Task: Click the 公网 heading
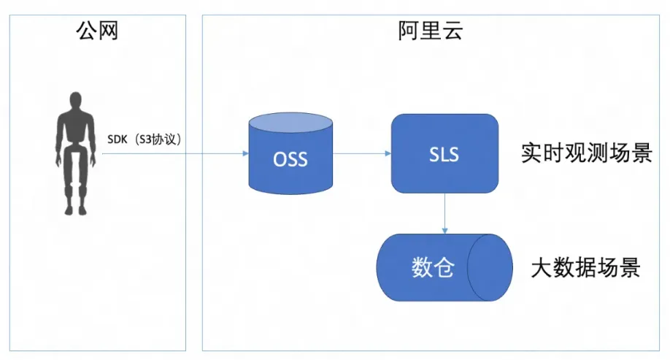(x=97, y=31)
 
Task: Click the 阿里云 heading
(x=431, y=31)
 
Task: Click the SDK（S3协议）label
(x=145, y=139)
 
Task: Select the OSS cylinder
(x=290, y=153)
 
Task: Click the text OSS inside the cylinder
(x=290, y=159)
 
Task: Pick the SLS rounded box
(x=444, y=153)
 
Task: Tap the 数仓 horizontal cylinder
(x=444, y=268)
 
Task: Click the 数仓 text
(x=432, y=268)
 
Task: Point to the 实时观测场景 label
(x=587, y=153)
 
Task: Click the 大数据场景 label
(x=585, y=268)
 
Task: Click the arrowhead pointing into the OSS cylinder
(x=246, y=153)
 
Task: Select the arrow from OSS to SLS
(x=362, y=153)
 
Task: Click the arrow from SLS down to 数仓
(x=444, y=213)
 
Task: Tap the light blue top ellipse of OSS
(x=290, y=123)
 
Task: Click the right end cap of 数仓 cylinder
(x=490, y=268)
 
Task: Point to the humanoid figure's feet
(x=76, y=210)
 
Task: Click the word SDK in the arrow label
(x=117, y=139)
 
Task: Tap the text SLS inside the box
(x=444, y=155)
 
